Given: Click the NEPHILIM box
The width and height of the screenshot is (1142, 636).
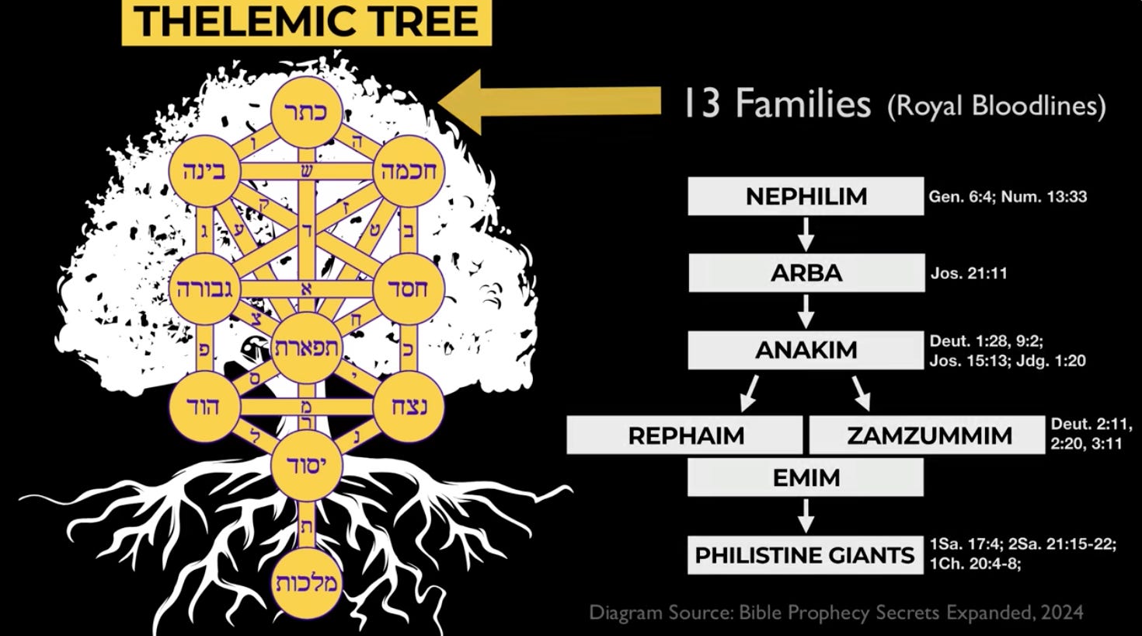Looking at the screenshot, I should pyautogui.click(x=806, y=196).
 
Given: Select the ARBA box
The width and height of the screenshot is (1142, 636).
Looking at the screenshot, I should pyautogui.click(x=806, y=273).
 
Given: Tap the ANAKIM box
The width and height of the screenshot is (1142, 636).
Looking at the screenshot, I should pyautogui.click(x=806, y=350).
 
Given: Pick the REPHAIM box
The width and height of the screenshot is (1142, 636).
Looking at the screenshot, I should pyautogui.click(x=685, y=435).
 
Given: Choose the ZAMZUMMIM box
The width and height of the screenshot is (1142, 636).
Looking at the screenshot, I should pyautogui.click(x=928, y=435).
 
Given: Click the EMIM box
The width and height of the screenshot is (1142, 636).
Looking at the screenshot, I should pyautogui.click(x=806, y=477).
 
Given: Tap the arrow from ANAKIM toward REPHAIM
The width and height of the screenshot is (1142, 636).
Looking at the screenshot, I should pyautogui.click(x=750, y=393).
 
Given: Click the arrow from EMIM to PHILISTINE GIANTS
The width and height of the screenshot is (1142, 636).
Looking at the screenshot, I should pyautogui.click(x=806, y=515).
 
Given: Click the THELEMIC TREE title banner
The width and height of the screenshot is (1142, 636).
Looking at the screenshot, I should pyautogui.click(x=306, y=22).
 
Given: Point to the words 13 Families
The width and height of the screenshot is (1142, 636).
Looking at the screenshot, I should pyautogui.click(x=777, y=104).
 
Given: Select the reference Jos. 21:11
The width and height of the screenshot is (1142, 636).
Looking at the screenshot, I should pyautogui.click(x=969, y=273).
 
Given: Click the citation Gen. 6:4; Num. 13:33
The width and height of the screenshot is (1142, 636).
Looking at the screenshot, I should pyautogui.click(x=1008, y=197).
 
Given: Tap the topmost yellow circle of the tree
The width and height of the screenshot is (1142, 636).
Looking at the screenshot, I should pyautogui.click(x=308, y=111).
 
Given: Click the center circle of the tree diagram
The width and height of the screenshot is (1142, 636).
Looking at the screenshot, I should pyautogui.click(x=307, y=348).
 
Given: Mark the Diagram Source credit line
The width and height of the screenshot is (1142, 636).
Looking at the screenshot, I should pyautogui.click(x=836, y=612).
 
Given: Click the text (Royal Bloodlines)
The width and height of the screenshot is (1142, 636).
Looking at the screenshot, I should pyautogui.click(x=997, y=106).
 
